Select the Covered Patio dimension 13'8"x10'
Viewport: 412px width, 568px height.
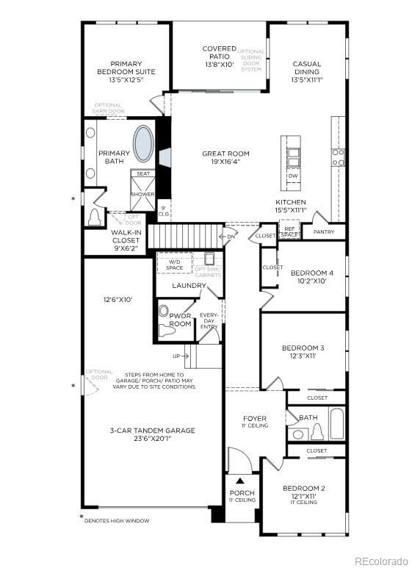(x=220, y=64)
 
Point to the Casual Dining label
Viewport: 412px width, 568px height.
(x=306, y=68)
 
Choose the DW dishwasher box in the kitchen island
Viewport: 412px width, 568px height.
(x=292, y=176)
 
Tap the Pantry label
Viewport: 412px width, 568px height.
(x=323, y=232)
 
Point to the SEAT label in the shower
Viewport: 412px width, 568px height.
(x=142, y=174)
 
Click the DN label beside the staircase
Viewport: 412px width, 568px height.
(x=231, y=237)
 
